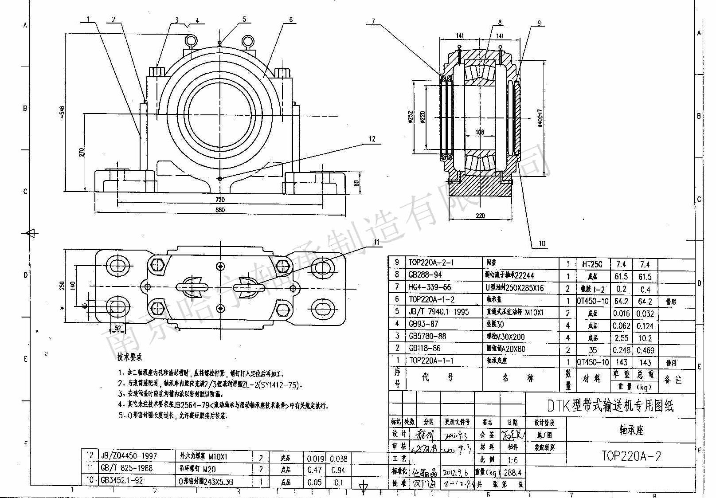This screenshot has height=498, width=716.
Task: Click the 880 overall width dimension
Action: point(220,210)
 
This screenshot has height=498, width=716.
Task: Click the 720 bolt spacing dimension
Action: point(220,200)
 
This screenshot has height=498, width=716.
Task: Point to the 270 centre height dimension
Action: point(81,152)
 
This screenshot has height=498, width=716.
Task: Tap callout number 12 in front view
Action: point(372,139)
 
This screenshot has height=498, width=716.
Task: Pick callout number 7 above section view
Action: point(373,21)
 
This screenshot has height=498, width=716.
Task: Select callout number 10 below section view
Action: point(542,243)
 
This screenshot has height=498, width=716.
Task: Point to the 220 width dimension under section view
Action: point(480,216)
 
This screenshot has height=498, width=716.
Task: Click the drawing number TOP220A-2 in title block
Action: point(631,456)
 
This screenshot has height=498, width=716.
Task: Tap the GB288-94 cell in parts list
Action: point(425,275)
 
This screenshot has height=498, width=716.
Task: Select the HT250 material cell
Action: point(592,264)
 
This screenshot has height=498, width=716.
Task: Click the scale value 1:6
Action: point(513,460)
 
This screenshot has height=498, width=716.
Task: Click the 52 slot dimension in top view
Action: point(118,328)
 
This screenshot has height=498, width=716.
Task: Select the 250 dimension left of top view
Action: point(63,286)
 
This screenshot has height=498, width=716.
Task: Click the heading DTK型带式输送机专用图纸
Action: point(610,405)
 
